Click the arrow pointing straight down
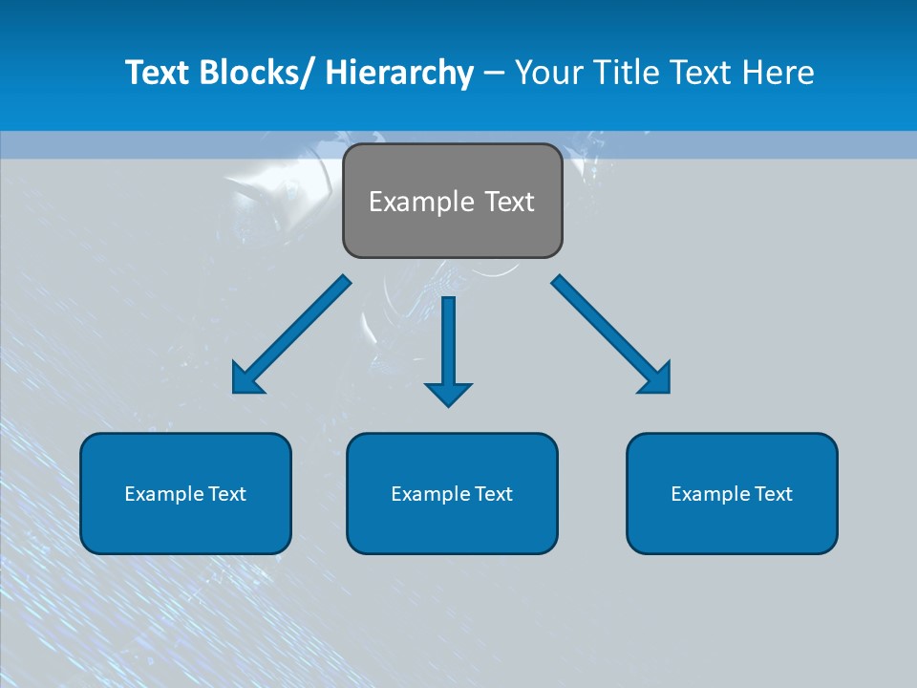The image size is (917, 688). (x=448, y=344)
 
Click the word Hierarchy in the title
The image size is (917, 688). (x=399, y=73)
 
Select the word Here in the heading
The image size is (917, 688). (x=777, y=73)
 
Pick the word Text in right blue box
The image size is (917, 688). (x=772, y=494)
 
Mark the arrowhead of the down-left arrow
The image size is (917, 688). (x=245, y=380)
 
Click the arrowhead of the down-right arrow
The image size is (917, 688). (x=657, y=380)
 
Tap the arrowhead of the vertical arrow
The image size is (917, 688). (x=448, y=394)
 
